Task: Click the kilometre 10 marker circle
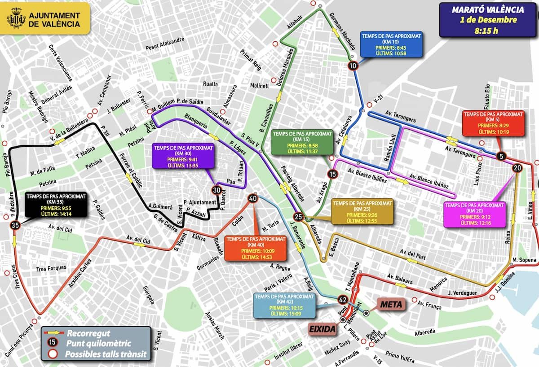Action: tap(353, 66)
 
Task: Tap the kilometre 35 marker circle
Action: tap(15, 225)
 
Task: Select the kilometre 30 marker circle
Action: tap(217, 190)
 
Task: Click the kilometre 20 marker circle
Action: tap(516, 168)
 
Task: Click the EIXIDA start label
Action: tap(322, 330)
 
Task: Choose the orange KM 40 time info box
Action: tap(254, 247)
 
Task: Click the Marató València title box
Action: tap(488, 20)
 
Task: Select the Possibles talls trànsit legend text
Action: tap(106, 354)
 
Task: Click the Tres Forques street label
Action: tap(52, 268)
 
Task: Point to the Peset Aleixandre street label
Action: tap(165, 44)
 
